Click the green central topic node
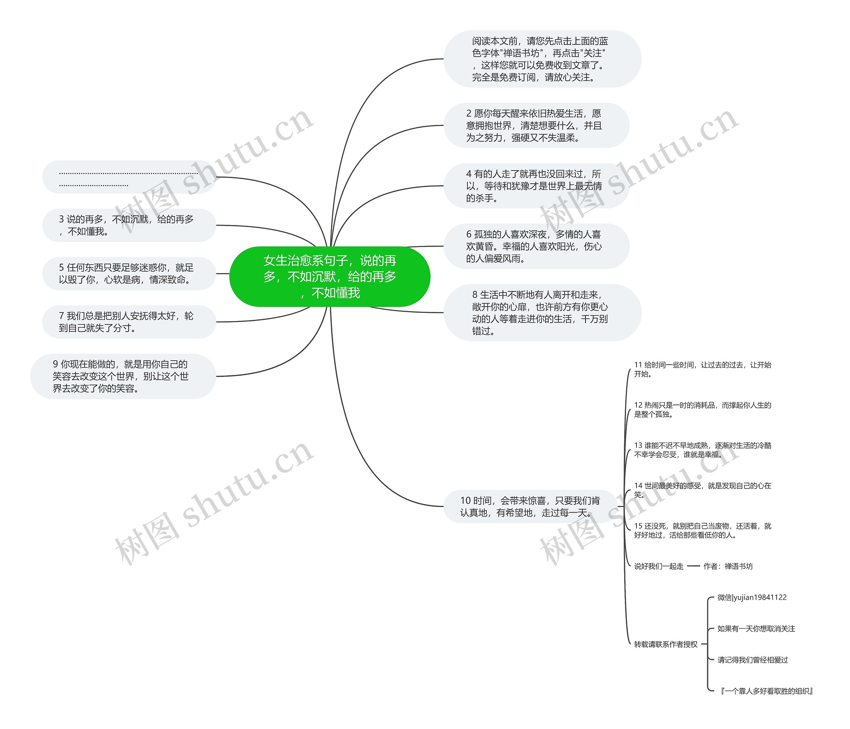point(329,276)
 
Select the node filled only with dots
point(129,177)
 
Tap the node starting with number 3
point(129,225)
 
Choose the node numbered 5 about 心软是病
point(129,274)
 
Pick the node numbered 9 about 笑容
point(123,376)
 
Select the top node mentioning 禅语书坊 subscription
point(542,59)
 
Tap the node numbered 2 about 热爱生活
point(536,125)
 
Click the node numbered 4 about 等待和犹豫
point(536,185)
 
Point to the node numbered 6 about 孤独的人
point(536,246)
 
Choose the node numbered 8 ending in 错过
point(542,312)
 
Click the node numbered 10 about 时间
point(530,506)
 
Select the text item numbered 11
point(702,369)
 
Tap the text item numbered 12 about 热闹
point(702,410)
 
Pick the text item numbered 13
point(702,450)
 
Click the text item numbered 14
point(702,490)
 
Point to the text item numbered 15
point(702,530)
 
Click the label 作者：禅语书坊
point(728,566)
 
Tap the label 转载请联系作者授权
point(665,644)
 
